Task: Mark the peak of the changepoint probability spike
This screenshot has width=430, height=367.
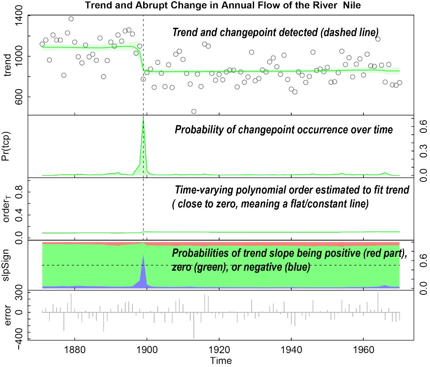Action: [143, 118]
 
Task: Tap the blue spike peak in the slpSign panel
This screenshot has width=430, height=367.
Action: [143, 256]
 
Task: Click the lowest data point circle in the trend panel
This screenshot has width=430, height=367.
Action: [194, 111]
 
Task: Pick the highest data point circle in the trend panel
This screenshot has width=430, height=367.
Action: [71, 19]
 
